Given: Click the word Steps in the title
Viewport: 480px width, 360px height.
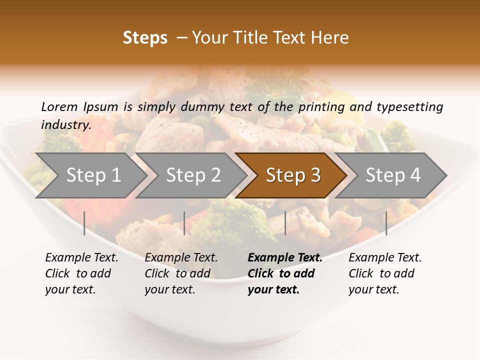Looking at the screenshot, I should [145, 38].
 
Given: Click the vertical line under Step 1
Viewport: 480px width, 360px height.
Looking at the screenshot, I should [84, 223].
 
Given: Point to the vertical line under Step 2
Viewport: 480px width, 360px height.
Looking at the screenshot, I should [184, 223].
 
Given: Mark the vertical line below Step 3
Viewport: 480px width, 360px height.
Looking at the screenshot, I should [285, 223].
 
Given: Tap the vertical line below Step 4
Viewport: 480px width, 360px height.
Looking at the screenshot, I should [386, 223].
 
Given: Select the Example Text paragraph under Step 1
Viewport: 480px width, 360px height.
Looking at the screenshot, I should [81, 273].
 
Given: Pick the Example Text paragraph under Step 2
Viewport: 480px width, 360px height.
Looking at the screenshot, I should [181, 273].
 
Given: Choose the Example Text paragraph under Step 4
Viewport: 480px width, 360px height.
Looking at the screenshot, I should [385, 273].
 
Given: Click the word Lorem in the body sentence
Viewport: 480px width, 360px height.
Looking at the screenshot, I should [59, 106].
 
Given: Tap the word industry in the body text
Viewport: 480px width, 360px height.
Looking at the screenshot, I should [65, 125].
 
